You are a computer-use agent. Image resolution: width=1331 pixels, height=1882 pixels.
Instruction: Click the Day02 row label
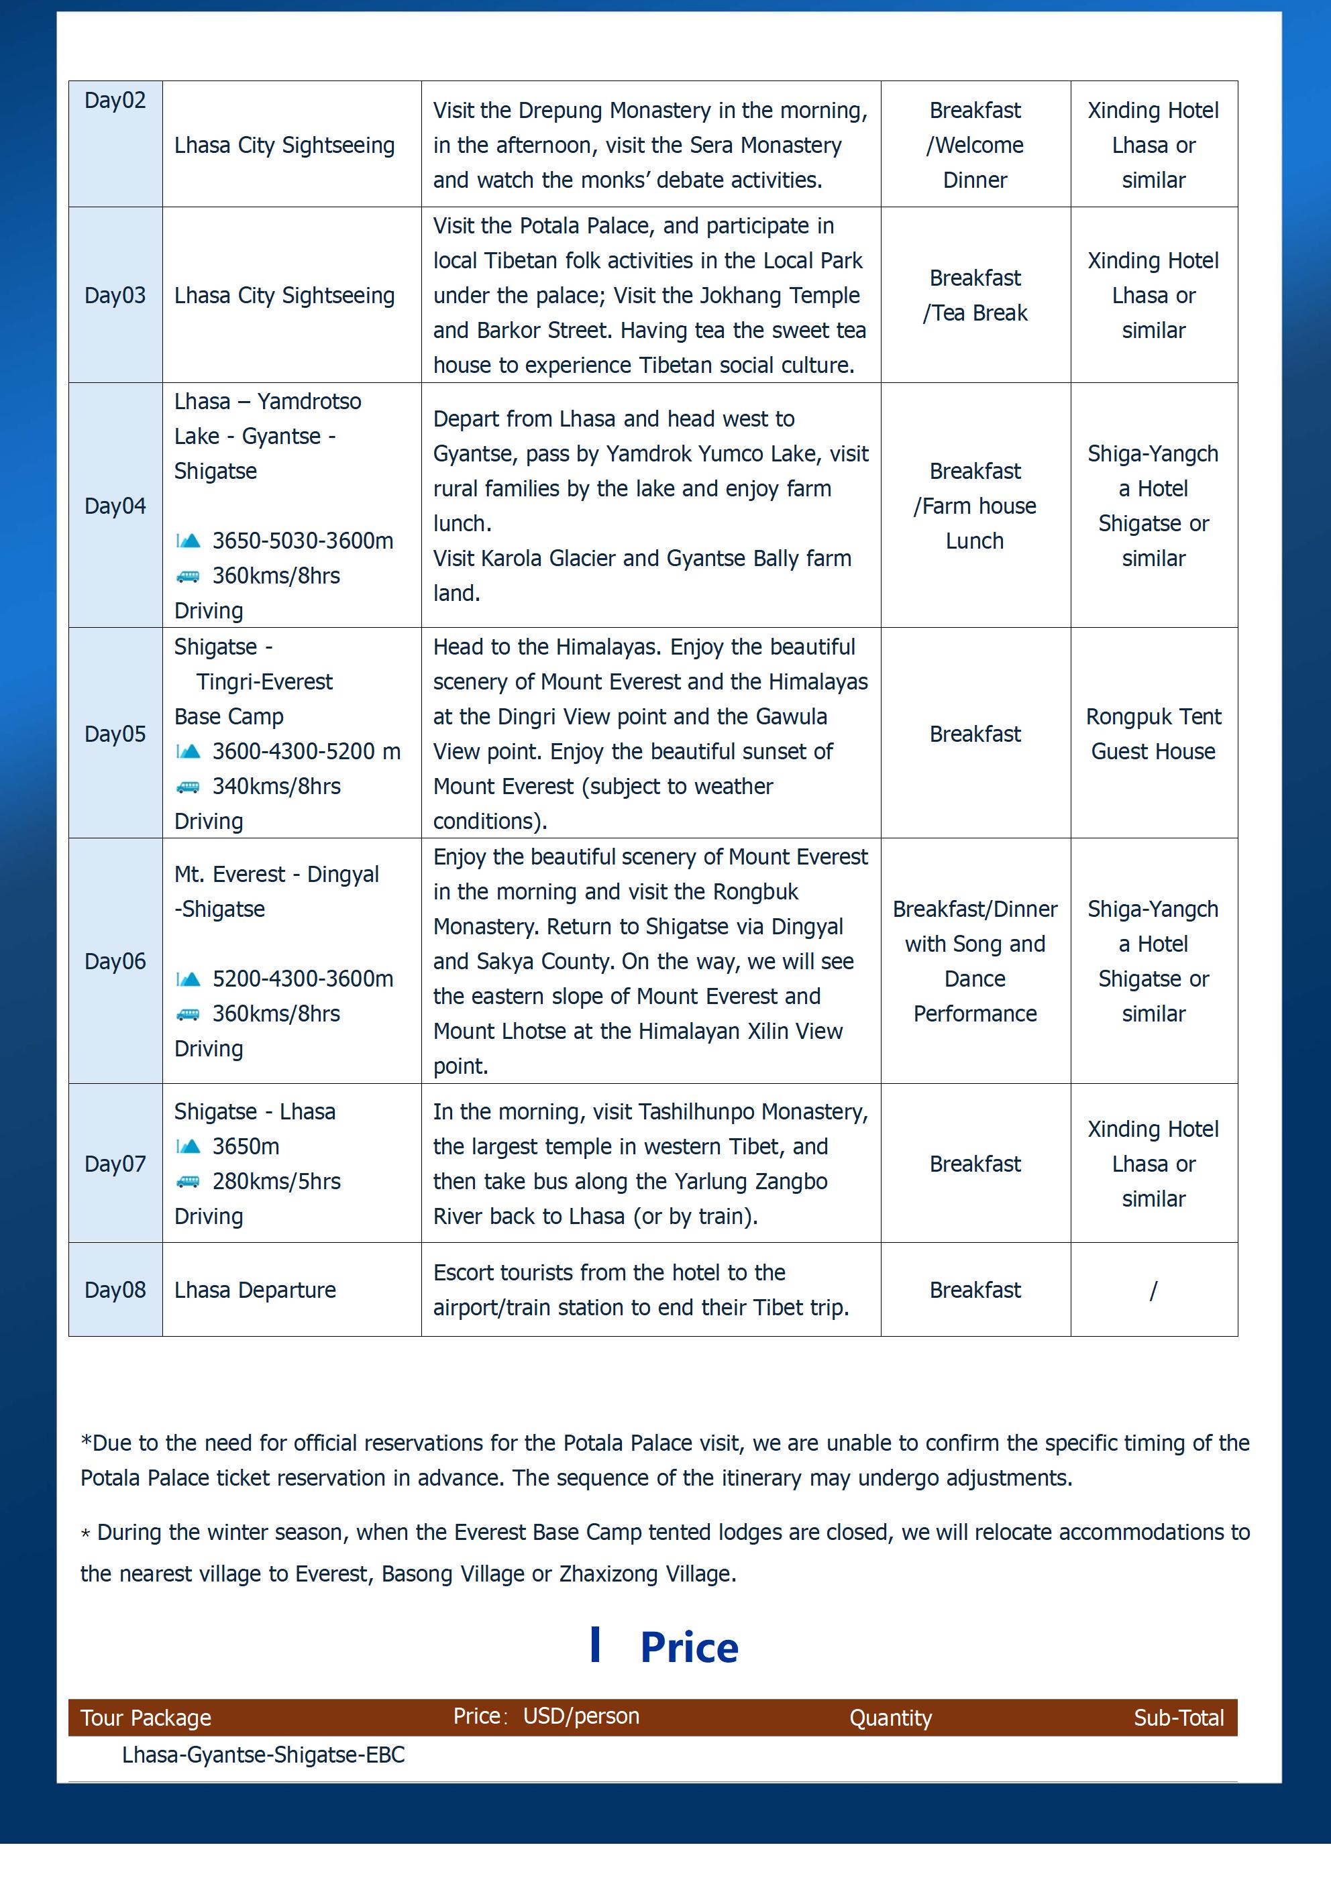115,101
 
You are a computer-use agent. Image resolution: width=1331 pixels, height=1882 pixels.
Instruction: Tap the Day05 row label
115,734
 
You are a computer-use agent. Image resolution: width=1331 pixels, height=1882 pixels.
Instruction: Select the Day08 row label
115,1289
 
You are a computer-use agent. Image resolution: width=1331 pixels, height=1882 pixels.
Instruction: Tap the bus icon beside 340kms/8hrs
188,787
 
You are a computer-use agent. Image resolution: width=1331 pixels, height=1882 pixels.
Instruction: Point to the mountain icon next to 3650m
189,1146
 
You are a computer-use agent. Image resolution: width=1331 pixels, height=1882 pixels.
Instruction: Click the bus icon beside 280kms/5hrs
188,1181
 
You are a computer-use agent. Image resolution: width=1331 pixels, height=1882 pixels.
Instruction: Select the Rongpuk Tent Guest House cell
1153,734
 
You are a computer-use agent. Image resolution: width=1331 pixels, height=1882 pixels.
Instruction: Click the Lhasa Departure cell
255,1289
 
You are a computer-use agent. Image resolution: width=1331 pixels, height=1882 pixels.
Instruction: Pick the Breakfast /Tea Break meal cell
975,295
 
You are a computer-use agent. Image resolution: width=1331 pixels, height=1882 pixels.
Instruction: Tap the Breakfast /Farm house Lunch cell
975,505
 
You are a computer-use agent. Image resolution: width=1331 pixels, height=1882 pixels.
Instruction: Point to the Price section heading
689,1647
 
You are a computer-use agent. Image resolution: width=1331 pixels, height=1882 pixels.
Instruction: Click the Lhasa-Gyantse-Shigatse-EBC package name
263,1755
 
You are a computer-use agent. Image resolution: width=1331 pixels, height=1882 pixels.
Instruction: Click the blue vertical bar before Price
595,1645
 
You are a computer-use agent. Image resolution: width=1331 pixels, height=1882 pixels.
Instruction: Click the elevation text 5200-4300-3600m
303,979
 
